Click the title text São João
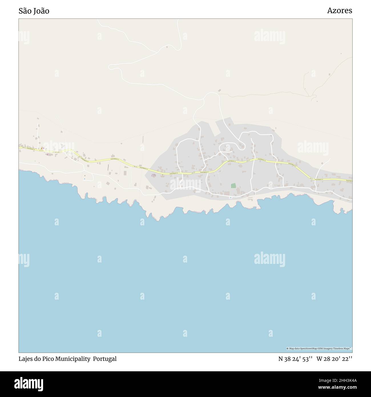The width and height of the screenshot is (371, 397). [34, 11]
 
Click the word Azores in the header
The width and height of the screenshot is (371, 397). [339, 11]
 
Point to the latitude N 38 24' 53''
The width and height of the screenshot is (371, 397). [295, 359]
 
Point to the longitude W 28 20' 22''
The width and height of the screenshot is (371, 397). [334, 359]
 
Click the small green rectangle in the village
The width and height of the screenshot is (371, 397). [233, 186]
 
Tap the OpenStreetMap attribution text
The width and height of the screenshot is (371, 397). [319, 348]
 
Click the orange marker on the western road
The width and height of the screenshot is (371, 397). [42, 148]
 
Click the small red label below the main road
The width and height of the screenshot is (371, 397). [153, 175]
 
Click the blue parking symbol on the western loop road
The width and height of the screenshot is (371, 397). [84, 179]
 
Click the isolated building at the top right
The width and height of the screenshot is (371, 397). [341, 53]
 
